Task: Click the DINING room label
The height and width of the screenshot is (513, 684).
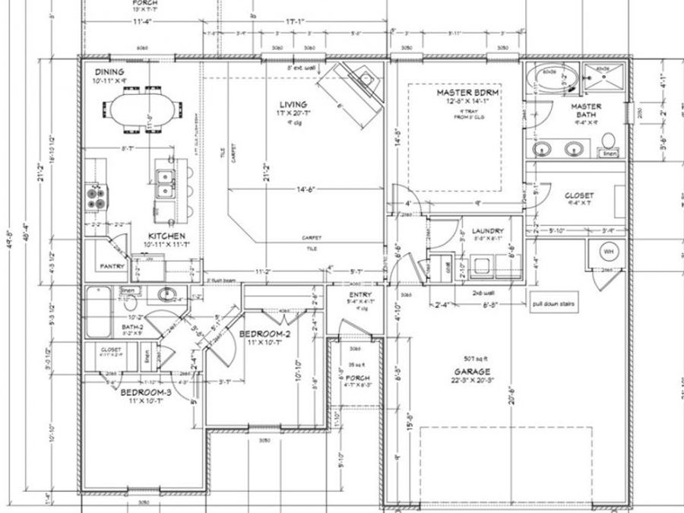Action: (x=99, y=71)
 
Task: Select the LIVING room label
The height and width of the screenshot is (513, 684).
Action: (x=293, y=104)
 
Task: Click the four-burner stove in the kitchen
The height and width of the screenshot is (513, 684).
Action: (x=96, y=198)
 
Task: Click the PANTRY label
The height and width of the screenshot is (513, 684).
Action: (x=112, y=267)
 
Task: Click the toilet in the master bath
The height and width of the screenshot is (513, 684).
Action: (x=608, y=140)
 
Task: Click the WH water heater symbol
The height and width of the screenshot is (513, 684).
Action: (x=609, y=250)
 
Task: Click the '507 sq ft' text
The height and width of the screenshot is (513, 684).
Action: (x=470, y=359)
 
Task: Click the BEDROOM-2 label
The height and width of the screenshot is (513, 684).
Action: (x=264, y=334)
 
